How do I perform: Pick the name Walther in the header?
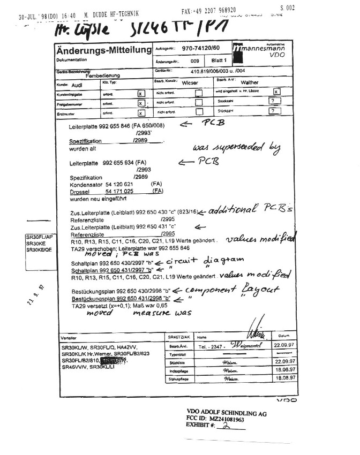tap(250, 83)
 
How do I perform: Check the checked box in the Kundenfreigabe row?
tap(141, 93)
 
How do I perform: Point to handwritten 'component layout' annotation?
tap(231, 290)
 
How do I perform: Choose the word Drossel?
tap(80, 191)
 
